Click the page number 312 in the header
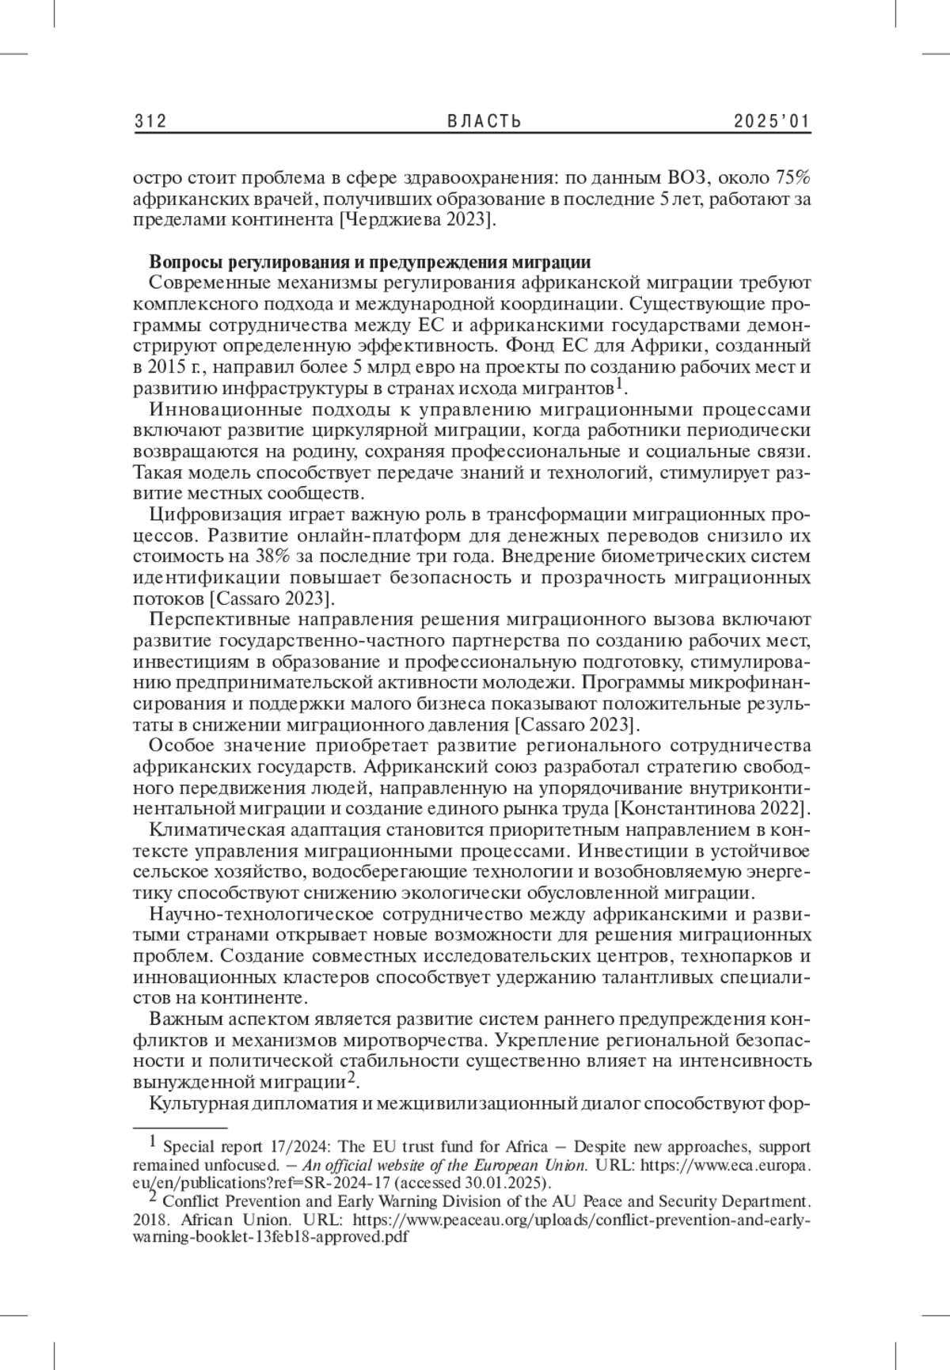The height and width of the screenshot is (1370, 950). point(150,121)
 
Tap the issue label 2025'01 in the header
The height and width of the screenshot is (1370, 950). point(772,121)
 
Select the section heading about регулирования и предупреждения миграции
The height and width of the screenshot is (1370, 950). point(370,262)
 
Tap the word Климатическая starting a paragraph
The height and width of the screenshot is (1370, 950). point(210,830)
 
